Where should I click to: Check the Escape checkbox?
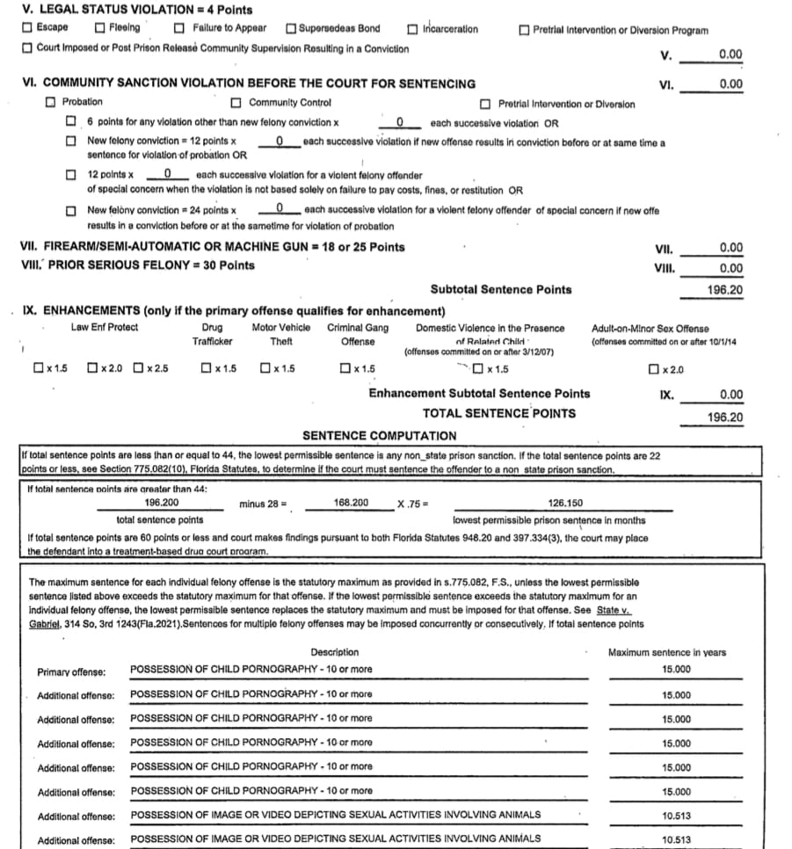click(x=27, y=28)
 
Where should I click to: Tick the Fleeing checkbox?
click(x=100, y=28)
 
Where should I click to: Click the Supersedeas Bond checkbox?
click(x=291, y=28)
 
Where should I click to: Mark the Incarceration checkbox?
click(x=412, y=29)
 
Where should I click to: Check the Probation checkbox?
click(x=51, y=103)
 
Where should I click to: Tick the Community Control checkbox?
click(x=236, y=103)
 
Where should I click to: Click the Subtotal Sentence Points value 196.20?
click(x=724, y=290)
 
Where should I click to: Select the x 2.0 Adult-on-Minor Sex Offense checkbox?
click(x=652, y=368)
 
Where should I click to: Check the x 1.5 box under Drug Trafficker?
click(x=205, y=368)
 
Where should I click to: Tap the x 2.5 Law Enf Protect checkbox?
click(x=138, y=368)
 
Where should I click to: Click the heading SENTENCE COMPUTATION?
click(x=379, y=436)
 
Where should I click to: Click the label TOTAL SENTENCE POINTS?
click(x=499, y=413)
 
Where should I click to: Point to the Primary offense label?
click(x=71, y=672)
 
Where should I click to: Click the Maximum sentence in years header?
click(x=666, y=652)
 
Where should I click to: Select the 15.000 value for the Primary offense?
click(x=676, y=670)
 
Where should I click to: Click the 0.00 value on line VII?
click(x=730, y=248)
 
